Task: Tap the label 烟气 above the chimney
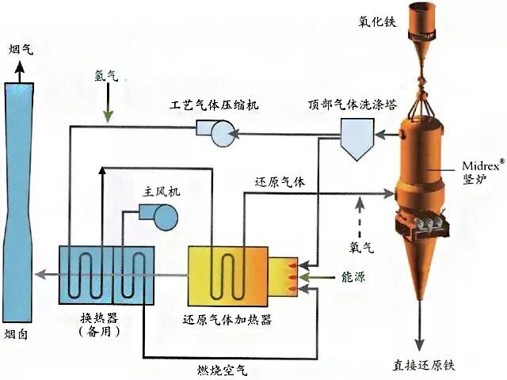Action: click(x=24, y=51)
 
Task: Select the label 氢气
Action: click(x=105, y=78)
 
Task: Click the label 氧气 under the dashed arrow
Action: click(x=361, y=245)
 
